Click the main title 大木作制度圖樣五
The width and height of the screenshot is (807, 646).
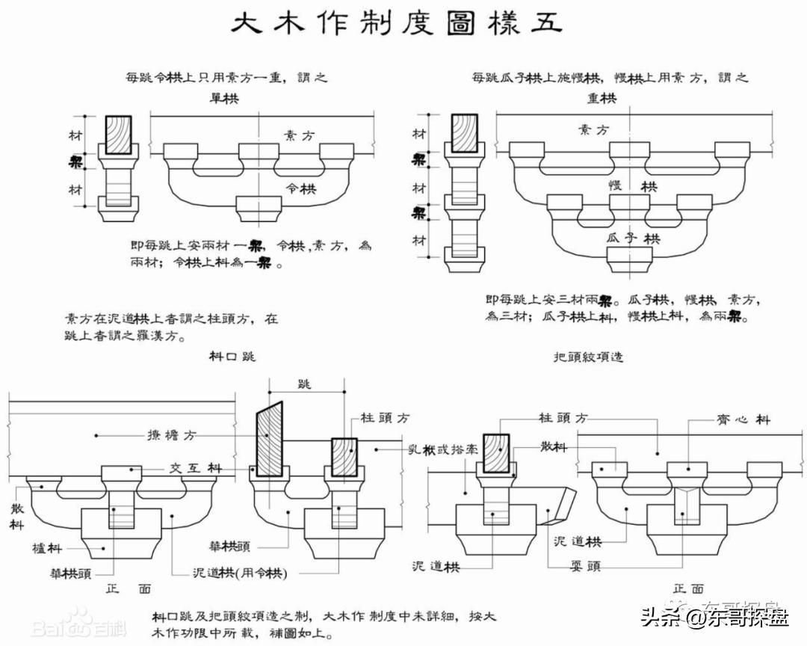[x=396, y=25]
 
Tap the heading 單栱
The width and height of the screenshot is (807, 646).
[x=224, y=98]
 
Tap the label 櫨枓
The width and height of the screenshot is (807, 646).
[x=46, y=548]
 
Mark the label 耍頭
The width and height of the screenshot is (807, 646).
[x=584, y=566]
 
